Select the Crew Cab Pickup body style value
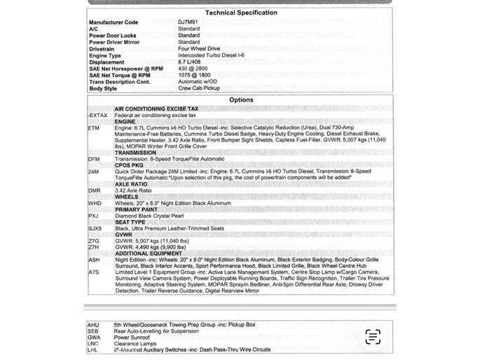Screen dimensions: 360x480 tap(199, 89)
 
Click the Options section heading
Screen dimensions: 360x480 tap(241, 100)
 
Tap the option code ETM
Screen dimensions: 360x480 tap(94, 128)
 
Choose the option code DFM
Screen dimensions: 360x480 tap(94, 159)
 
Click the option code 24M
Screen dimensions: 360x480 tap(94, 172)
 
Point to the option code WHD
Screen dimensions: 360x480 tap(95, 203)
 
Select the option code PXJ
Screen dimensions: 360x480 tap(94, 216)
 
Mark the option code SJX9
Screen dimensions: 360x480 tap(95, 228)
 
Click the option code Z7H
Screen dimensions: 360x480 tap(94, 247)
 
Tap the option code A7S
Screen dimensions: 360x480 tap(94, 272)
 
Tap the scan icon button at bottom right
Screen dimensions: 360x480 tap(373, 337)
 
